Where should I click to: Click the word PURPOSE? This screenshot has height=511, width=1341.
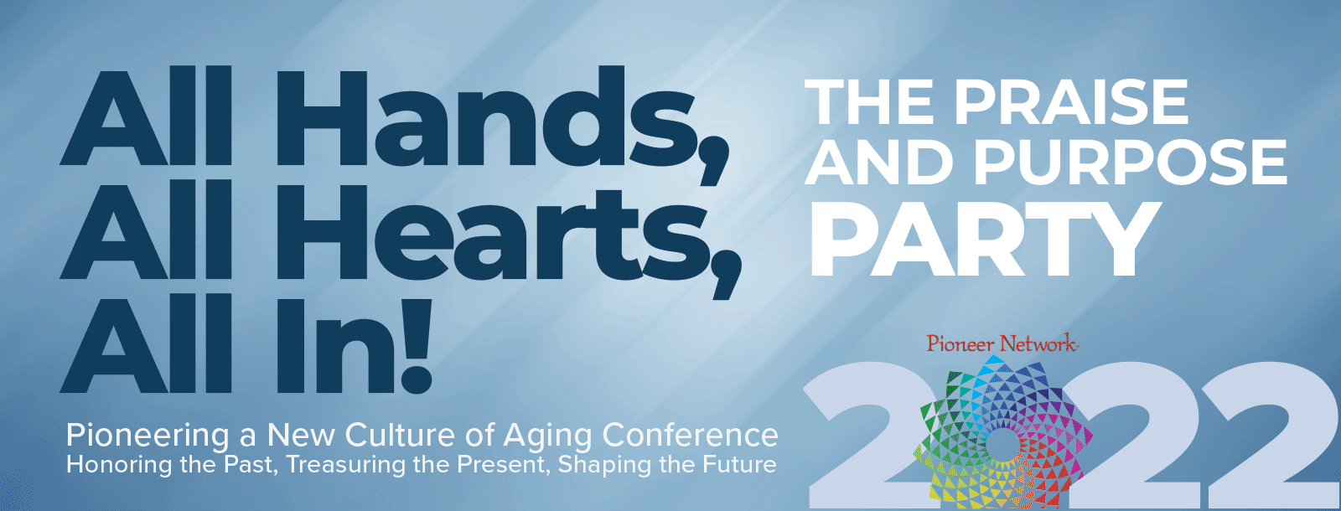tap(1131, 163)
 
